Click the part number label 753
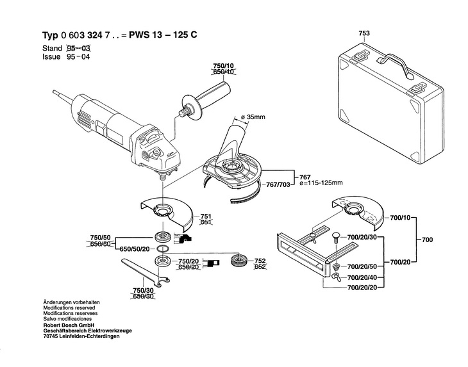(364, 33)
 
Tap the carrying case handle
(395, 65)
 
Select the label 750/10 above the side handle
(224, 65)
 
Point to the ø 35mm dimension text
(253, 117)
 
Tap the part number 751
(206, 216)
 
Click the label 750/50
(100, 238)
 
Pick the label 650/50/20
(135, 249)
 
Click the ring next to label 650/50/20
(163, 249)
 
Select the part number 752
(260, 261)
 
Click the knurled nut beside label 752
(238, 261)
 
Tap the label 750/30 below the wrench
(143, 290)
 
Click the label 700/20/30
(362, 238)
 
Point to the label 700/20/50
(362, 266)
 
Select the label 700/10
(400, 218)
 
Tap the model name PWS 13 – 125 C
(163, 35)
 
